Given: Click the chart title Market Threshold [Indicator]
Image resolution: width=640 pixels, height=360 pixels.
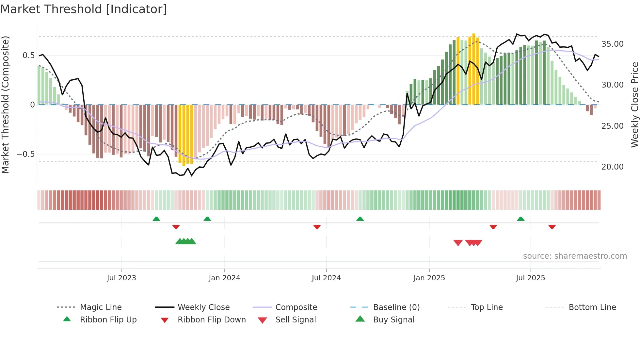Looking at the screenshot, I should (84, 9).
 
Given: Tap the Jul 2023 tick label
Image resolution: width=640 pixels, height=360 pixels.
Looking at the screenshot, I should (121, 278).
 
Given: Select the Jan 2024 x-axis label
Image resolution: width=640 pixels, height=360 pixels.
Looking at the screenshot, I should (224, 278).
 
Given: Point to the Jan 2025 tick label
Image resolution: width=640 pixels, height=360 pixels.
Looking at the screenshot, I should (429, 278).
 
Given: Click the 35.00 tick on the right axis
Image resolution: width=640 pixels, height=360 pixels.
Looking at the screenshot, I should (612, 44).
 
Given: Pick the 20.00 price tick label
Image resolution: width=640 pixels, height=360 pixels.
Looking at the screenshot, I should (612, 167).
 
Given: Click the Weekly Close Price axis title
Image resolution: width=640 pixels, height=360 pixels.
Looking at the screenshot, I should (634, 105).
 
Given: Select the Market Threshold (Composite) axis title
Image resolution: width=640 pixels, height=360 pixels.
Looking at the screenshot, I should (5, 105).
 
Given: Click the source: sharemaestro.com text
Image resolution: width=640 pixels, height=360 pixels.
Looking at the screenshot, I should (575, 256).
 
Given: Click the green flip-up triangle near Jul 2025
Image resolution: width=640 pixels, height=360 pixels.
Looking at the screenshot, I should (520, 219).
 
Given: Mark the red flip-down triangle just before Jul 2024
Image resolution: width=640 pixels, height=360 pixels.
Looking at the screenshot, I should (317, 227).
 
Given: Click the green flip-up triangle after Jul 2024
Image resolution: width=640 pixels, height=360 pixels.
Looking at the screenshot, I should (360, 219).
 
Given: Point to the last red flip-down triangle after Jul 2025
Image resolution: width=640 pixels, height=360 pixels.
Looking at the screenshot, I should (552, 227).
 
